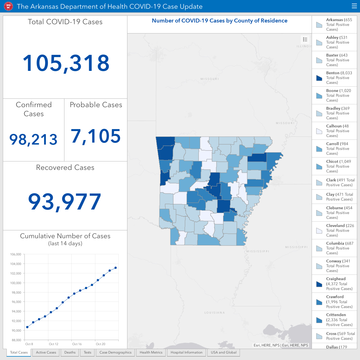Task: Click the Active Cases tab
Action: click(x=46, y=352)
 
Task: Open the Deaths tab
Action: click(x=70, y=352)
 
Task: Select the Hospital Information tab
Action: click(x=186, y=352)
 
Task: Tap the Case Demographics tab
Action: click(x=115, y=352)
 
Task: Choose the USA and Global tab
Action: click(x=224, y=352)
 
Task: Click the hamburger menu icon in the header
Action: click(x=354, y=6)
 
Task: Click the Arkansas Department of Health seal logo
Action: click(x=8, y=6)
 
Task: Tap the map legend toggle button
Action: click(x=305, y=40)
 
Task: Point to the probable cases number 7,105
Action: click(x=96, y=136)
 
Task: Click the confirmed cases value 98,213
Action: click(x=33, y=139)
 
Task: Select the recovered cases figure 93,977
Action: click(x=65, y=201)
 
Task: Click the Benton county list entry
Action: click(x=334, y=78)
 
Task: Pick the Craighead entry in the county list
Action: click(x=334, y=283)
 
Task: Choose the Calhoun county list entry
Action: click(x=334, y=131)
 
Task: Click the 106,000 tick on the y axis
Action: click(x=16, y=254)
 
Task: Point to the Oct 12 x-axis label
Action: click(x=54, y=344)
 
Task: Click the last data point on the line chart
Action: click(x=116, y=268)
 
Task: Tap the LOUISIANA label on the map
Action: click(x=215, y=312)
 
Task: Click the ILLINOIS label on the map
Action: click(x=304, y=46)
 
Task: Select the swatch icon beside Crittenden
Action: click(x=319, y=320)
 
